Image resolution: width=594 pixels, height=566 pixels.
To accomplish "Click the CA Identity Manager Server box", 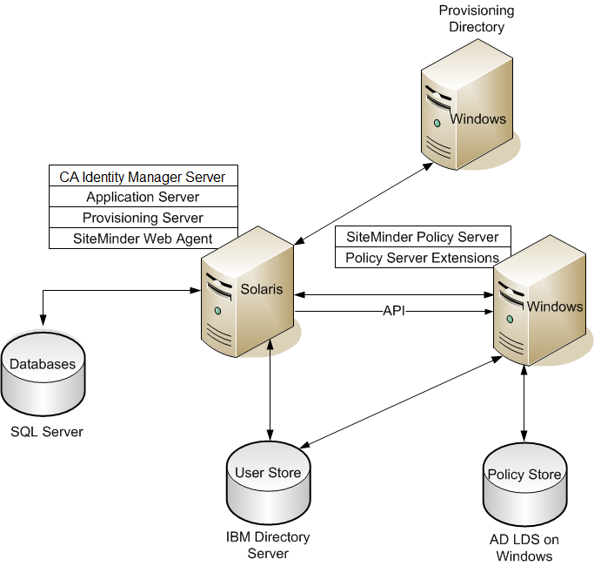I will tap(143, 177).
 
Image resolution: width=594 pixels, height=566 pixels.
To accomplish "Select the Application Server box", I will tap(143, 198).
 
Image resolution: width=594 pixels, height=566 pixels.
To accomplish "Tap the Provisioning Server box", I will tap(143, 218).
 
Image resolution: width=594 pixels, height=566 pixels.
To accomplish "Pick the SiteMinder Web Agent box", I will tap(143, 239).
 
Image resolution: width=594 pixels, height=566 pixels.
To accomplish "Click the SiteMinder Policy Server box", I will tap(423, 237).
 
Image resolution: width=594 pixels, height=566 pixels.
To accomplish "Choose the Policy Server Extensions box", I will tap(423, 258).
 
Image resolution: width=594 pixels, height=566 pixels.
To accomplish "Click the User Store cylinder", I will tap(268, 483).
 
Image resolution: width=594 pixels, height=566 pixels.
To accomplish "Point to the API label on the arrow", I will tap(395, 311).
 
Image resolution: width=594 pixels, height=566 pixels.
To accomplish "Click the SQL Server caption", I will tap(47, 432).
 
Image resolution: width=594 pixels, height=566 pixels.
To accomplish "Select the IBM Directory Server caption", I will tap(268, 545).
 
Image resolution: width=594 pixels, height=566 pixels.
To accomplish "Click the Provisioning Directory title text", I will tap(476, 19).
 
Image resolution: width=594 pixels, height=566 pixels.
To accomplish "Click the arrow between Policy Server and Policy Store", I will tap(524, 396).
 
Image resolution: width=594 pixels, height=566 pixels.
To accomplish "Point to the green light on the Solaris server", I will tap(217, 311).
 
